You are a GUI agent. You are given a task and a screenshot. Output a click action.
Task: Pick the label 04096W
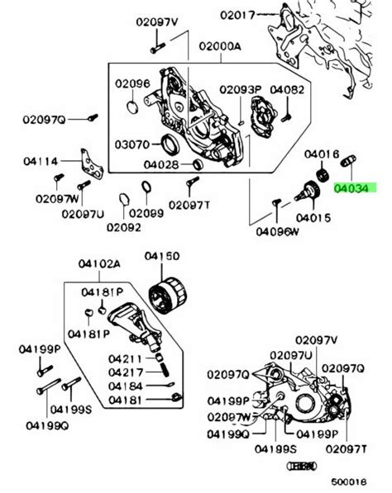point(275,232)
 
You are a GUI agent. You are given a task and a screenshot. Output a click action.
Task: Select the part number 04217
point(124,372)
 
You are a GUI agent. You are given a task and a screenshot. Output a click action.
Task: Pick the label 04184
point(124,386)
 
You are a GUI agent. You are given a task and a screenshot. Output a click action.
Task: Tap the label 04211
point(124,358)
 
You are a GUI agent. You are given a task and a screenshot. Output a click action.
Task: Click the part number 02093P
point(239,88)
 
